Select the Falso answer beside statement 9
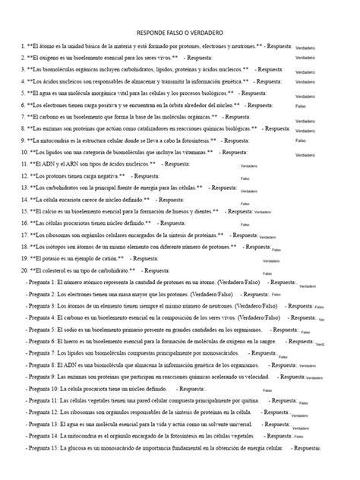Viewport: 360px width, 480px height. pyautogui.click(x=300, y=141)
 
